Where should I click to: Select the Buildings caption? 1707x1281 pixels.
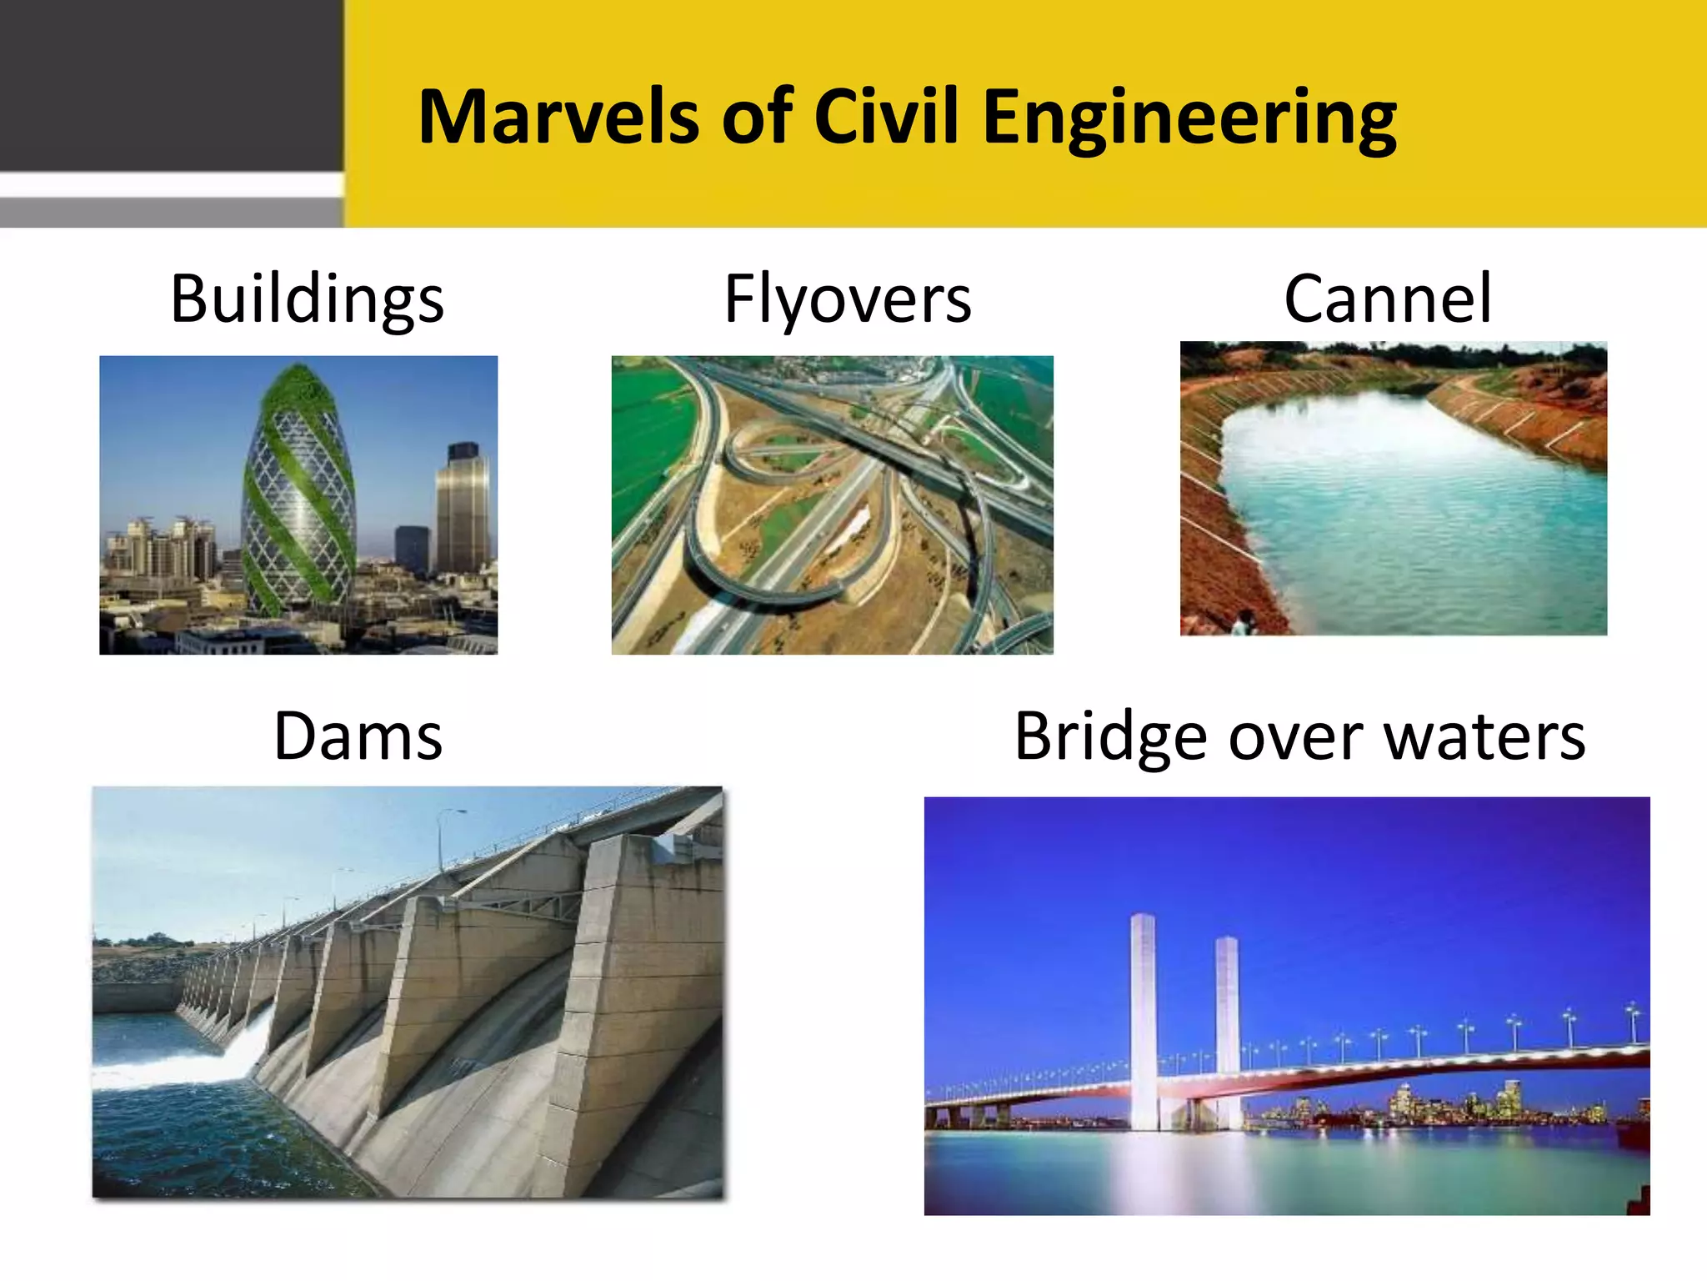tap(307, 299)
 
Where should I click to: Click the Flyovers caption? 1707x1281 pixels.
tap(848, 299)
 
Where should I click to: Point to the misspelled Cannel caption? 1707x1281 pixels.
tap(1388, 299)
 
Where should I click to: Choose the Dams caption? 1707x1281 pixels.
tap(358, 736)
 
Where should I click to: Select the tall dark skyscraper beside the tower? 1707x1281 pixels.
tap(463, 509)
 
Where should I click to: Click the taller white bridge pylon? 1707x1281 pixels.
tap(1143, 1017)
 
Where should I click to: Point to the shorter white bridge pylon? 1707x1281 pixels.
tap(1227, 1026)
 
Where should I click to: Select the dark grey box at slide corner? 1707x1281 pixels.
tap(171, 83)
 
